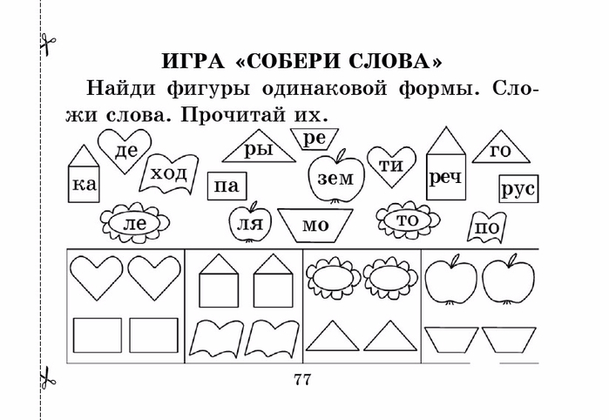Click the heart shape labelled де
coord(125,149)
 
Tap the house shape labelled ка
coord(84,180)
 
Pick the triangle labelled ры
coord(258,150)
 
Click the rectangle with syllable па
coord(226,186)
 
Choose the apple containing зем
coord(335,179)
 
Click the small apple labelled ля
coord(246,224)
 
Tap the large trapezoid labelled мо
coord(315,225)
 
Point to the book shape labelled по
coord(488,227)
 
